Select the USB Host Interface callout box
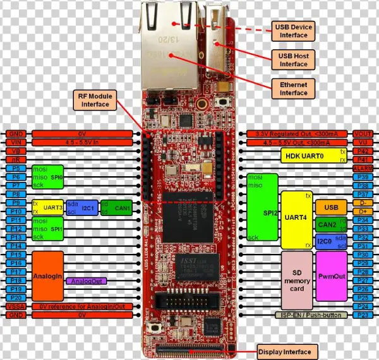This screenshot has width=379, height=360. tap(294, 59)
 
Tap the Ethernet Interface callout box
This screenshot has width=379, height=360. tap(294, 88)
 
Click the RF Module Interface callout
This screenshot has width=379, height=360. tap(94, 99)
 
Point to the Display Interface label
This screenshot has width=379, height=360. tap(284, 351)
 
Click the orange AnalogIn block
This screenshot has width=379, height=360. tap(47, 276)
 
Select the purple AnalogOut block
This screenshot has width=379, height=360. tap(87, 280)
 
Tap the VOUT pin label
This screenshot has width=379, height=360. tap(363, 135)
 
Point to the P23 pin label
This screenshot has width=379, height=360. tap(363, 314)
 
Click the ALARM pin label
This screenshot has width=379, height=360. tap(363, 169)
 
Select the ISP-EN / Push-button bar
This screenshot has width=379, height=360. tap(312, 314)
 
